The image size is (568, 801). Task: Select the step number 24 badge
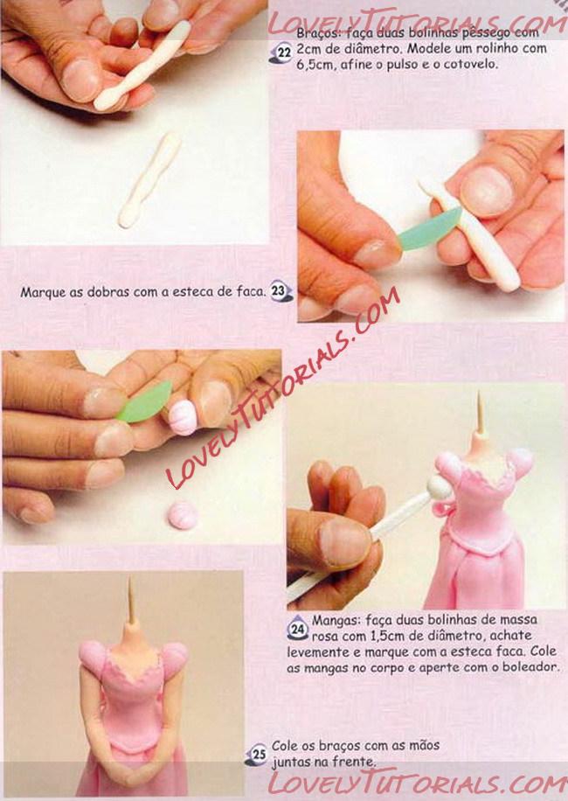click(x=297, y=630)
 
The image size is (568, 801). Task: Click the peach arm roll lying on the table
click(x=149, y=180)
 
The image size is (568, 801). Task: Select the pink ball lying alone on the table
click(x=183, y=515)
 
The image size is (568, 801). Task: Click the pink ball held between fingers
click(x=182, y=417)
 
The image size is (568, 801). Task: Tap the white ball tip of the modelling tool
click(x=439, y=488)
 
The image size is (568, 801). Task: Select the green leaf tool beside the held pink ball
click(x=145, y=402)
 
